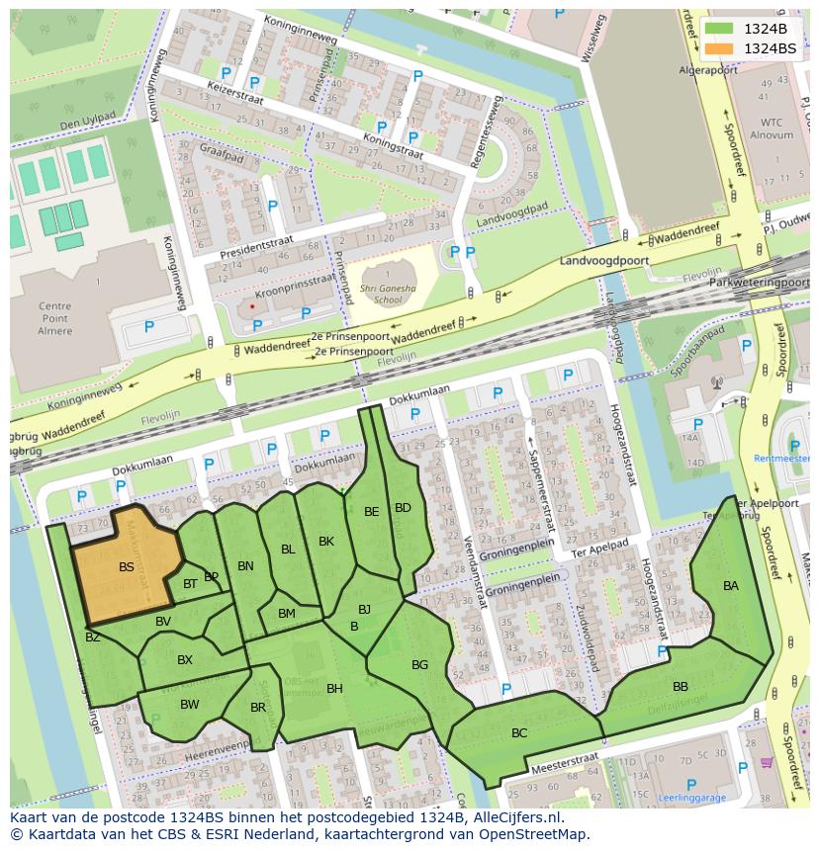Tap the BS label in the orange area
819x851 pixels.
pos(127,567)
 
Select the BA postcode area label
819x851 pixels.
pos(731,586)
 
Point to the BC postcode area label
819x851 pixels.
pos(519,733)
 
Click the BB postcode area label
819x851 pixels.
pos(681,687)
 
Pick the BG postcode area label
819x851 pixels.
pos(420,665)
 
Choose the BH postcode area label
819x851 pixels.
pos(334,689)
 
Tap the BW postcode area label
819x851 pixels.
pos(190,705)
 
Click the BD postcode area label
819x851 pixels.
pos(403,508)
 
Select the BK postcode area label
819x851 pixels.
pos(326,542)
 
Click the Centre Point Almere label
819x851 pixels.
pos(55,318)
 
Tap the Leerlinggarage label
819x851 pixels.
pos(692,797)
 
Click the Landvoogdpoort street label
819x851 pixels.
pos(602,260)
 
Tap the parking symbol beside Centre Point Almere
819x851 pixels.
pos(149,327)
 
